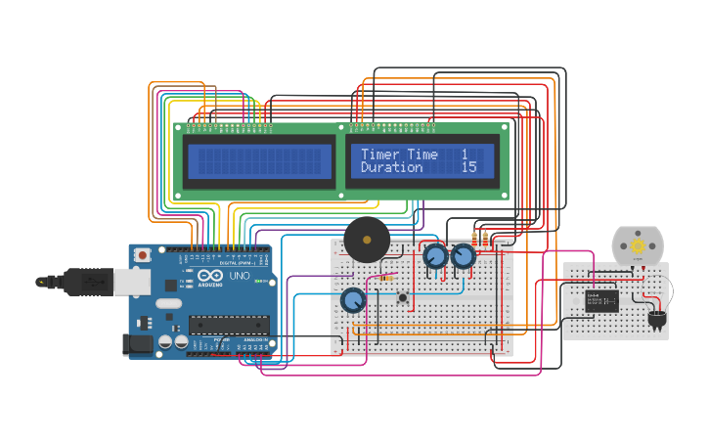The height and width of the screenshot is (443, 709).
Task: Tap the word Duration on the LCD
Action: pyautogui.click(x=391, y=168)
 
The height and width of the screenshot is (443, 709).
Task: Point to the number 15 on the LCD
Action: pyautogui.click(x=468, y=168)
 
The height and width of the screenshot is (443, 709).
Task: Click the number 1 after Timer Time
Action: pyautogui.click(x=465, y=155)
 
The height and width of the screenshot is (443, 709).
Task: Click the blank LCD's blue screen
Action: pyautogui.click(x=259, y=161)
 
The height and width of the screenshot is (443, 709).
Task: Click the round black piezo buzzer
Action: pyautogui.click(x=366, y=240)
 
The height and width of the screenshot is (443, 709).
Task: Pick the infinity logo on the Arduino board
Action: pyautogui.click(x=209, y=276)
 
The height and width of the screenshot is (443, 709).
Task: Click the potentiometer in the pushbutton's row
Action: pyautogui.click(x=353, y=300)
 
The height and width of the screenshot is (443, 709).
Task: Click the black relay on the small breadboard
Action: pyautogui.click(x=601, y=300)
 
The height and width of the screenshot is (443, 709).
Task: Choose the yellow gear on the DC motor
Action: pyautogui.click(x=638, y=246)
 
